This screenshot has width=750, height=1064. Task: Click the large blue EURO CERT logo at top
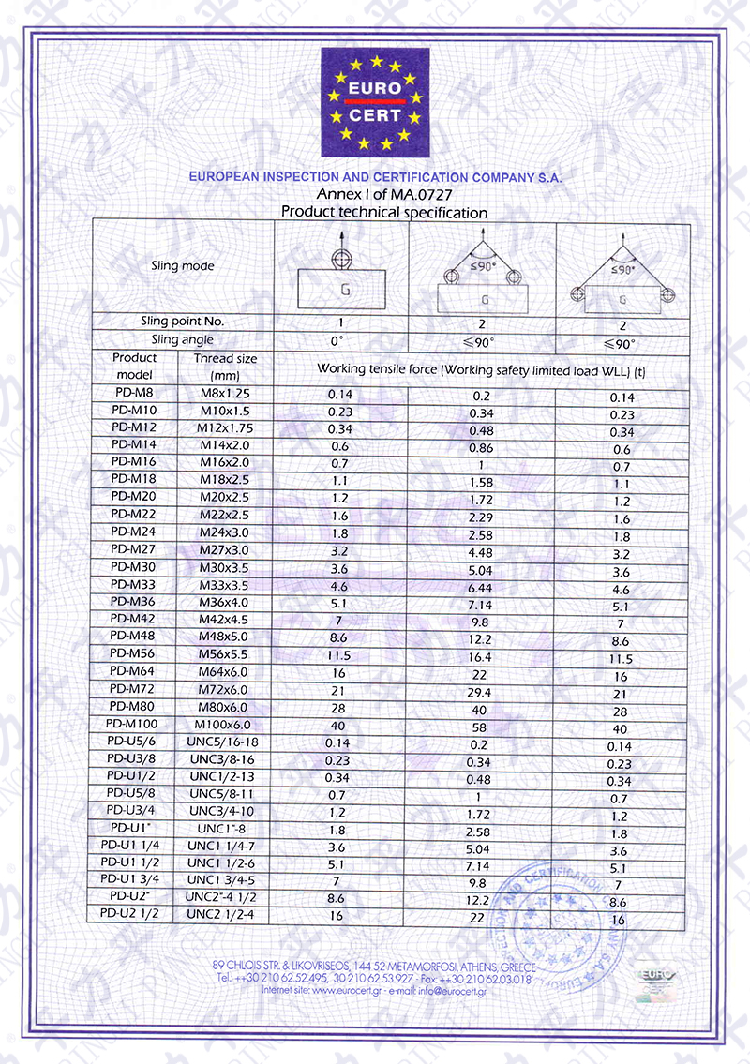(375, 102)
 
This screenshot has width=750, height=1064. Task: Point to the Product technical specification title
(384, 213)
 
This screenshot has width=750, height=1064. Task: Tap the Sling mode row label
(183, 266)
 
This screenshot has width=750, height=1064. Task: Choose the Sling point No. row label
(183, 322)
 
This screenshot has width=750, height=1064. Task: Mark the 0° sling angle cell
(339, 340)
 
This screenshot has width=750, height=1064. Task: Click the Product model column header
(135, 366)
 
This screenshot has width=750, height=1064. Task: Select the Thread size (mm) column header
(225, 366)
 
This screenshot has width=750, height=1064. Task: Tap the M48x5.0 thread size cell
(225, 637)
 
